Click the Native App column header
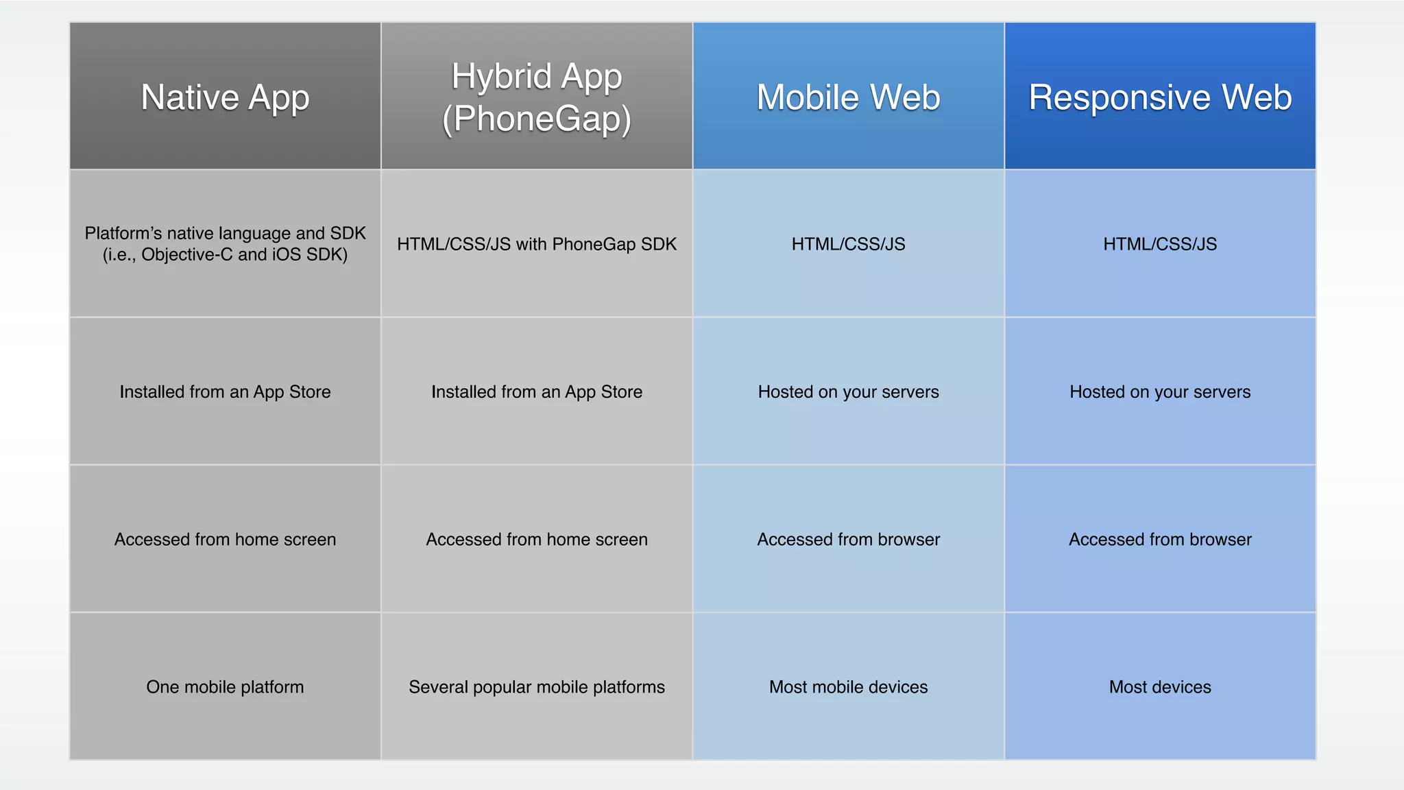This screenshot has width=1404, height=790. [225, 97]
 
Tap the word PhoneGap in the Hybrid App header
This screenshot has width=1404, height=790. [536, 119]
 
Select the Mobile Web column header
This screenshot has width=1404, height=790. [848, 97]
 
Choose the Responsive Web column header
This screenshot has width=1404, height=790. [1160, 97]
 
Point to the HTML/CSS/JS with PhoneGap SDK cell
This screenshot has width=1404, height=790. [537, 244]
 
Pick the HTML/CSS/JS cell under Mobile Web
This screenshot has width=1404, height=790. [848, 244]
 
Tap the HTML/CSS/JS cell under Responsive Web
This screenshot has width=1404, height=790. [1160, 244]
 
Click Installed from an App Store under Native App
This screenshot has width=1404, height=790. [225, 392]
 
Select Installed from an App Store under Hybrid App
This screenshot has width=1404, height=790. [537, 392]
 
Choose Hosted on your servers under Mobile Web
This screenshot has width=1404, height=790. [848, 392]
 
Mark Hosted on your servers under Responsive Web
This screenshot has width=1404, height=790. [1160, 392]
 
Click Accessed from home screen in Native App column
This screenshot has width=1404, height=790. [225, 539]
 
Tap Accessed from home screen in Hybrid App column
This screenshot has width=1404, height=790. [537, 539]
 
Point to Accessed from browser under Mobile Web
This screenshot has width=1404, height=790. [848, 539]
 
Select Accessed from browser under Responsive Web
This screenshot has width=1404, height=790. [1160, 539]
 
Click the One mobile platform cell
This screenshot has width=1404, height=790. [225, 686]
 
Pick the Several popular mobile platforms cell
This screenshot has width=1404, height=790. [537, 686]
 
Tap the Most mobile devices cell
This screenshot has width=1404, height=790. [848, 686]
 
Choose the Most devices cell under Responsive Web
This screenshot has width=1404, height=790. [1160, 686]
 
